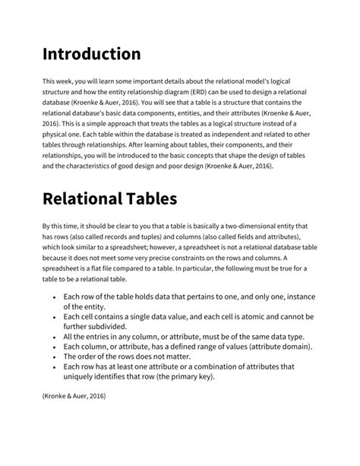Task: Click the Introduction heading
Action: (x=91, y=54)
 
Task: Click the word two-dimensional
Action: (x=254, y=226)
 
